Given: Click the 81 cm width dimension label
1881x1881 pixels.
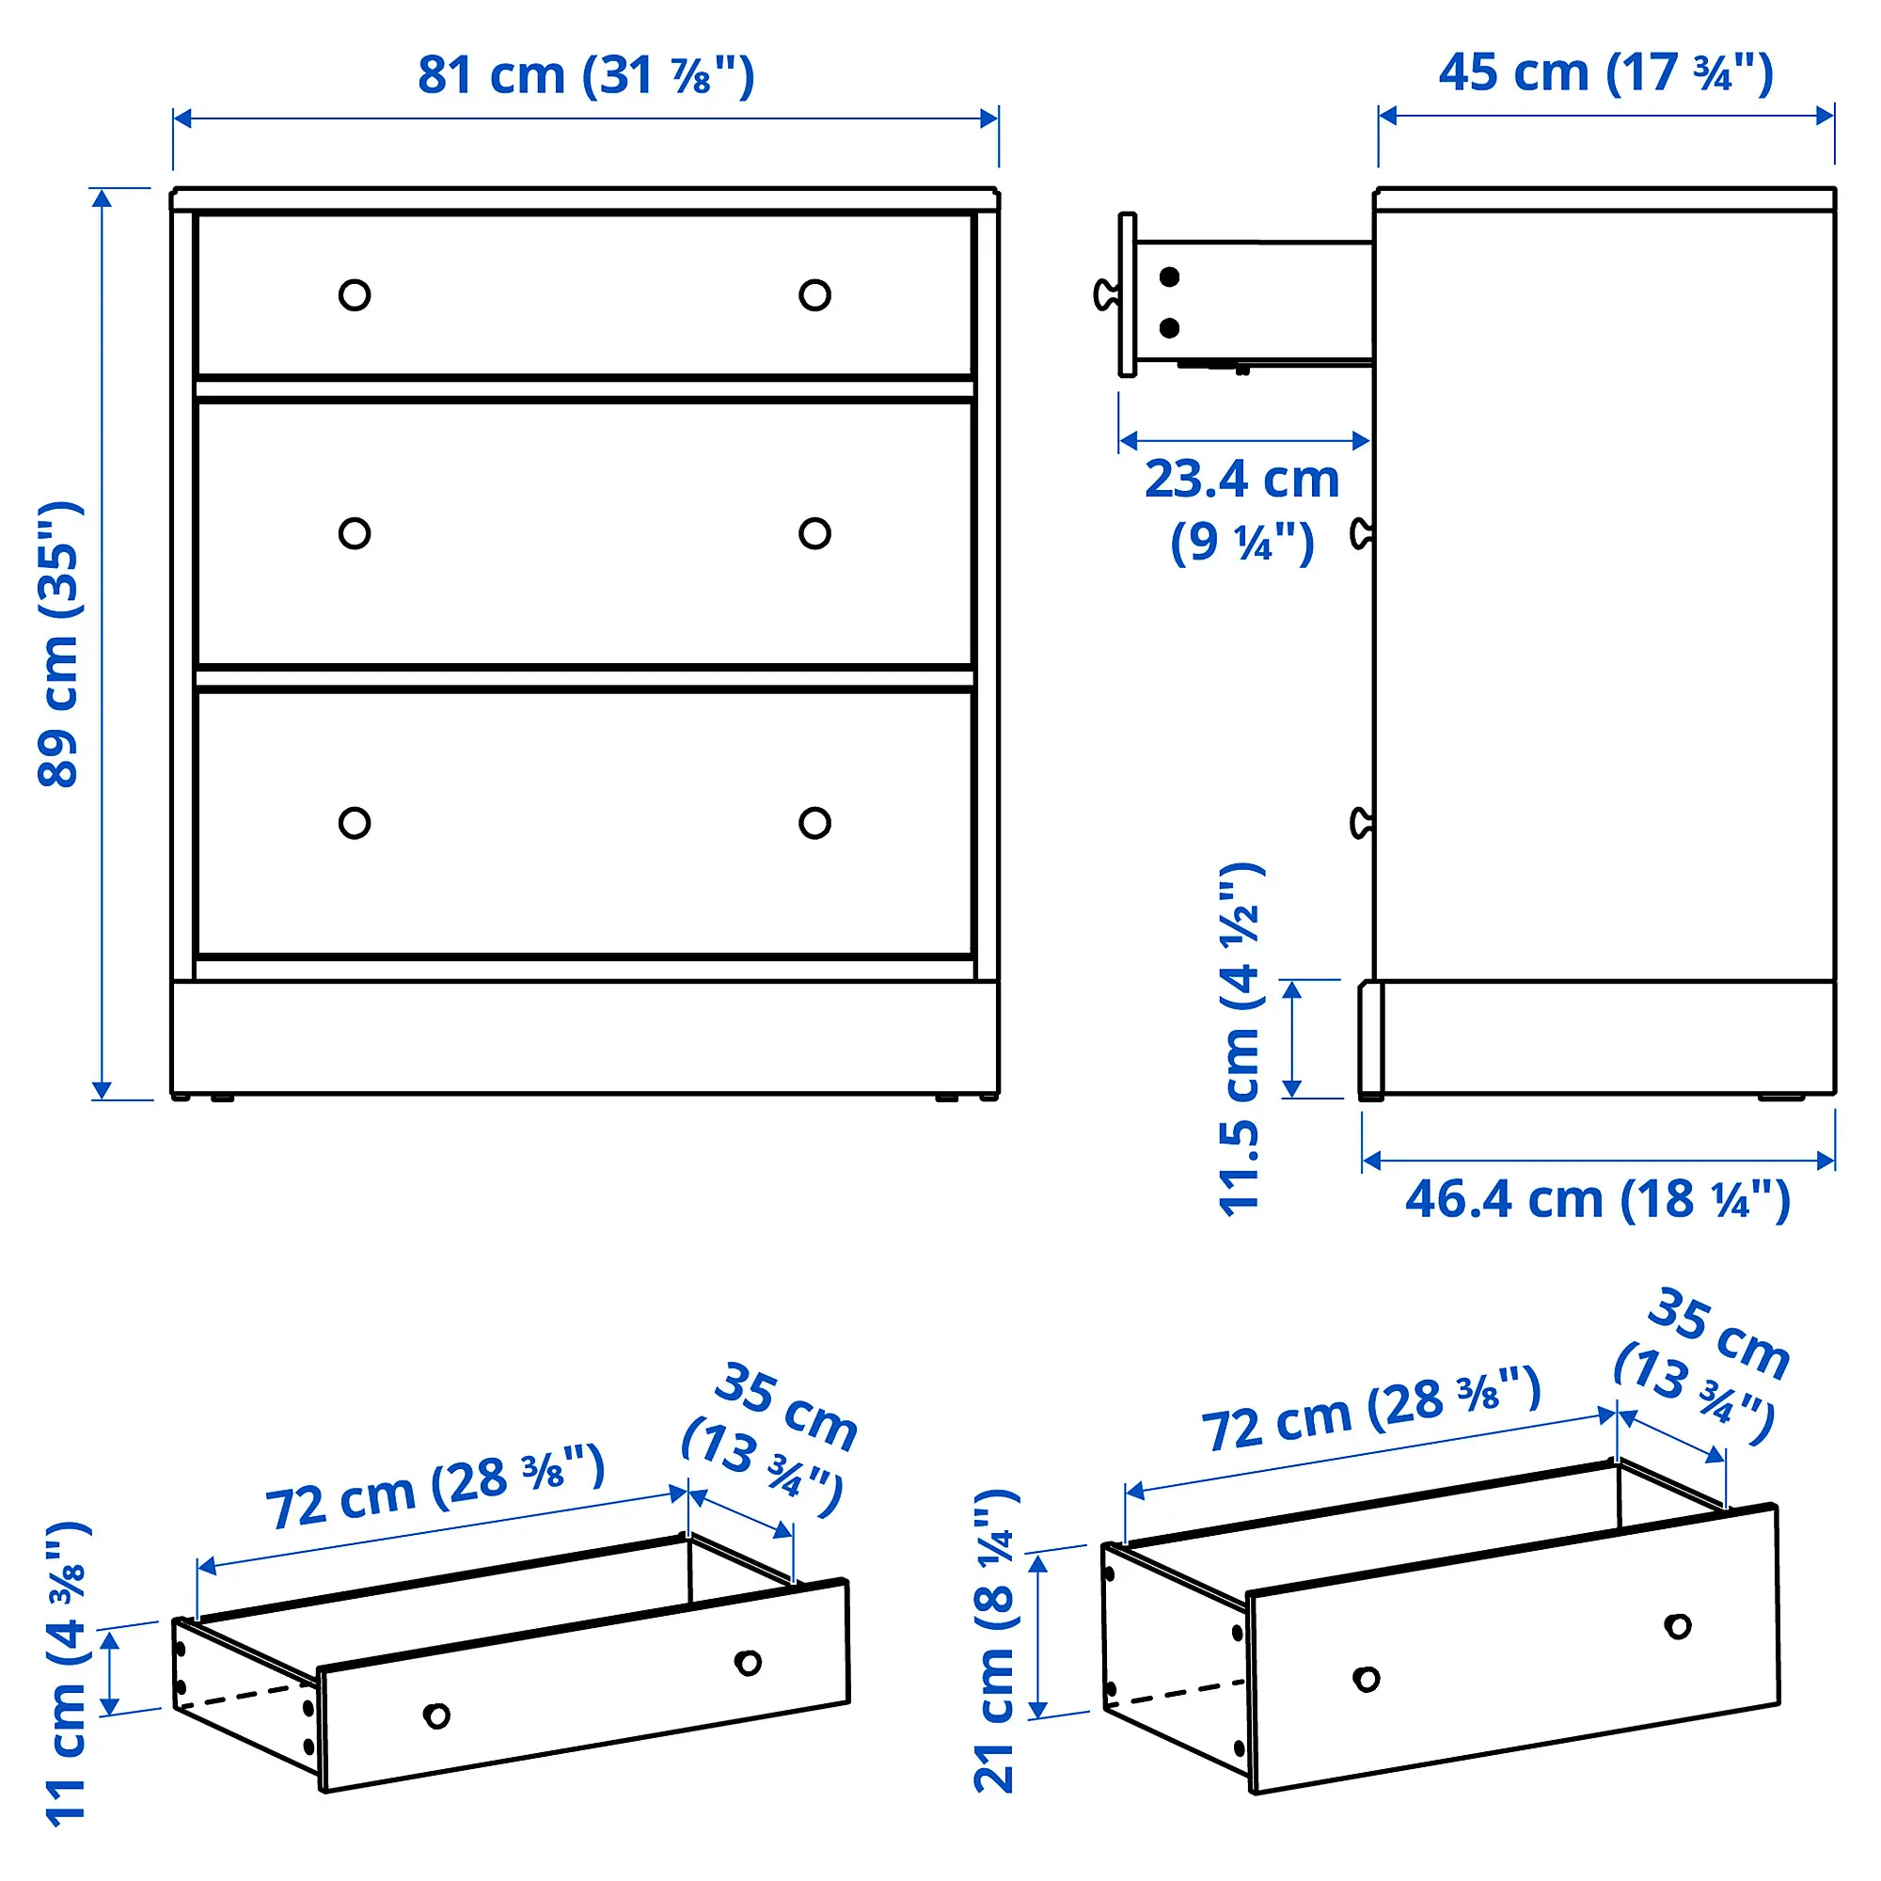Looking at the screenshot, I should click(585, 75).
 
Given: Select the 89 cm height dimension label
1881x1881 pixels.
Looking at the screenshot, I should click(60, 644).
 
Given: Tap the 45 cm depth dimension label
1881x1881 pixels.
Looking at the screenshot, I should click(1605, 73).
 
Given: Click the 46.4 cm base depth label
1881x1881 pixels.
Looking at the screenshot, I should click(1597, 1199).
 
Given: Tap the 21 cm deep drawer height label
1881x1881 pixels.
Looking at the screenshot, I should click(995, 1641).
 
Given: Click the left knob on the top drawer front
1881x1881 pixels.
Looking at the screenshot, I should click(355, 295).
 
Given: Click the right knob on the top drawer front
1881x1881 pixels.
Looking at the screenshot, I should click(814, 295).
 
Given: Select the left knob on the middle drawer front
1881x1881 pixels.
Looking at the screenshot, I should click(355, 533).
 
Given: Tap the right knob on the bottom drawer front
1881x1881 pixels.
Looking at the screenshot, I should click(814, 823).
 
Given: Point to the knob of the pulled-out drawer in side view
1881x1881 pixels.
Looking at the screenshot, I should click(1106, 294).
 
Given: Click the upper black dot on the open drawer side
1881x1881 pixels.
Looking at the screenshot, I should click(1169, 277).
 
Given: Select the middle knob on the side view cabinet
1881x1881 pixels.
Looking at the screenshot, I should click(1361, 533).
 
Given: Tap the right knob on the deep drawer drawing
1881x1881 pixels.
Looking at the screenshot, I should click(1678, 1626).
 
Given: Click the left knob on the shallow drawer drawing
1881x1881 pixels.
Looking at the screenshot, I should click(436, 1715).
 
